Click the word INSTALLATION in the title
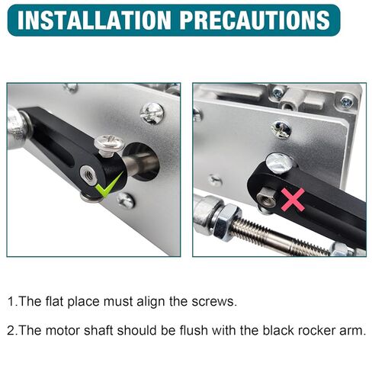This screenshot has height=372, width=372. (x=95, y=20)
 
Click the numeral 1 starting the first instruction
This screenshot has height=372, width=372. (x=11, y=301)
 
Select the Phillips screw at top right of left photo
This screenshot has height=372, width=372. (x=152, y=114)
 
